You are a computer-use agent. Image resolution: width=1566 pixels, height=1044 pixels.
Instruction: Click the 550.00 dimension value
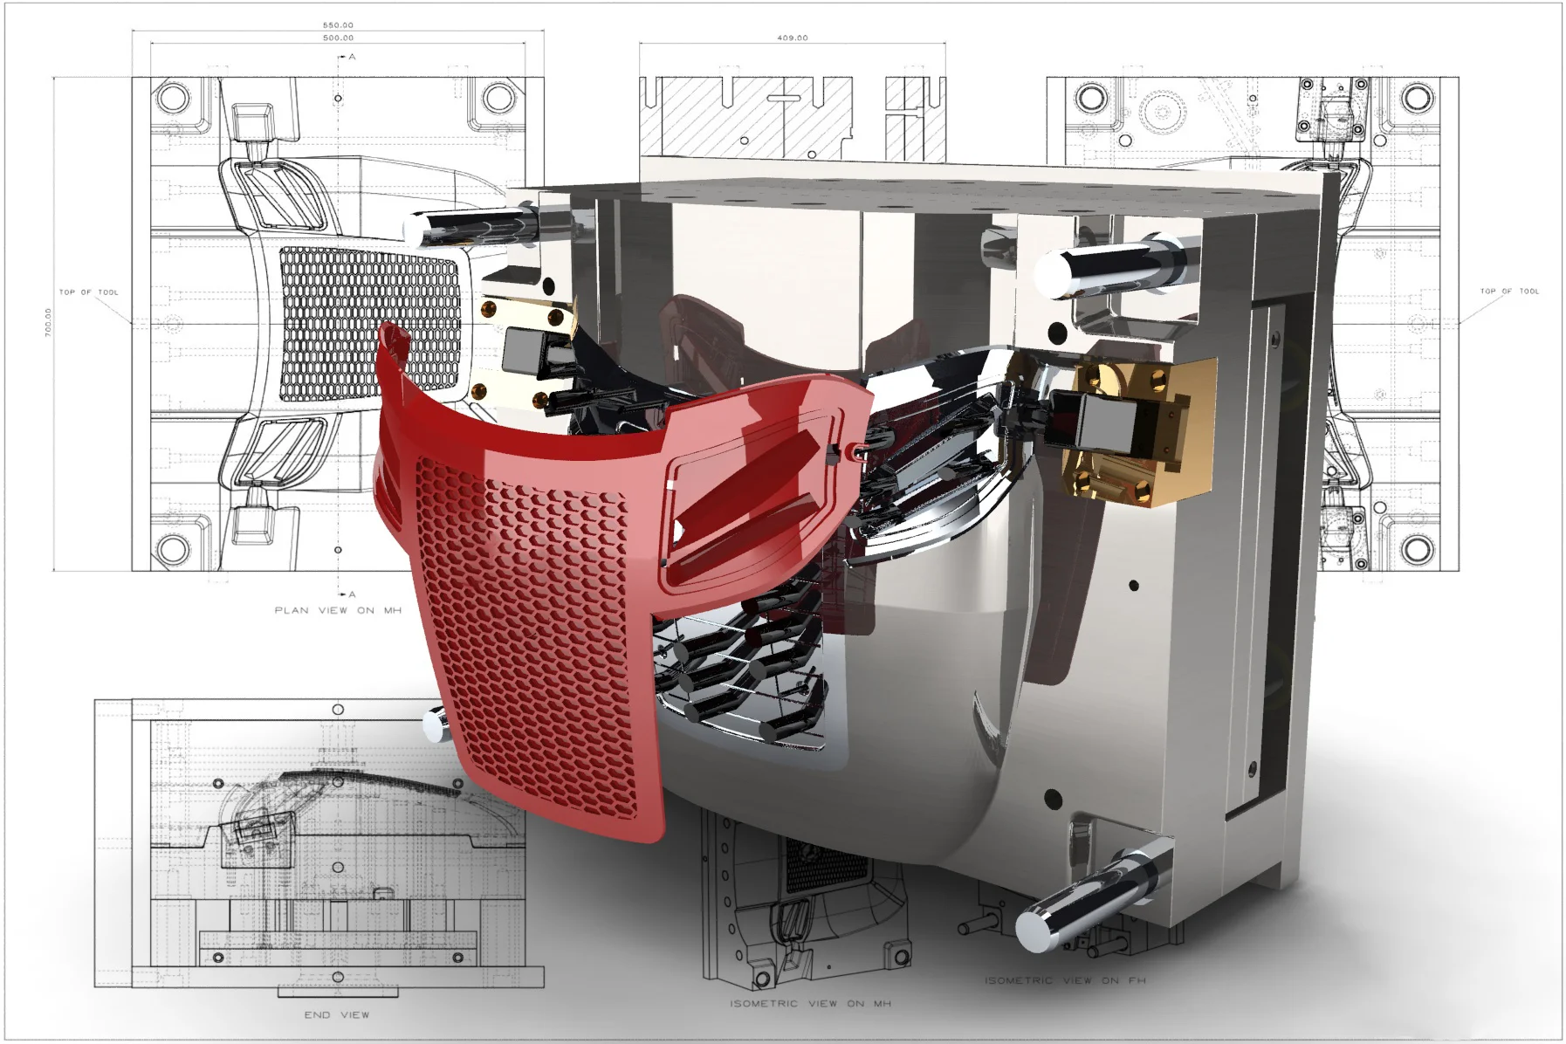click(x=338, y=25)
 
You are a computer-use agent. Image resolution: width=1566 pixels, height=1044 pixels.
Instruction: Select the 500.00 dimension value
click(x=338, y=38)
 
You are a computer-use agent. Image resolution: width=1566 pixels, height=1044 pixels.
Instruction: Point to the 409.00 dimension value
click(x=792, y=38)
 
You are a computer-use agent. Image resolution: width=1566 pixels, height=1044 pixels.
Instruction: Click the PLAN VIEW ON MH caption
click(x=338, y=610)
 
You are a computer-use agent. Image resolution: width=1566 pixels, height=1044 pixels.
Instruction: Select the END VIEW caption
click(x=336, y=1014)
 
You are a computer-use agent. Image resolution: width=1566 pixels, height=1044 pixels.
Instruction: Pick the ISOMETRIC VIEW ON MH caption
click(x=810, y=1003)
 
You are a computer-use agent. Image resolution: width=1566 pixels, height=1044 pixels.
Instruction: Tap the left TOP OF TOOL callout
click(x=88, y=292)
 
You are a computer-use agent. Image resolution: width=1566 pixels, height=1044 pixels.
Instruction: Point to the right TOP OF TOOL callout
click(x=1509, y=291)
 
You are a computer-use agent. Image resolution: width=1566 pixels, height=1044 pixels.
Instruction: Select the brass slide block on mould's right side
click(x=1135, y=432)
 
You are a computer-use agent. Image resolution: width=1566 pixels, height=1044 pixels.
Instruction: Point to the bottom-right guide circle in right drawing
click(x=1417, y=549)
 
